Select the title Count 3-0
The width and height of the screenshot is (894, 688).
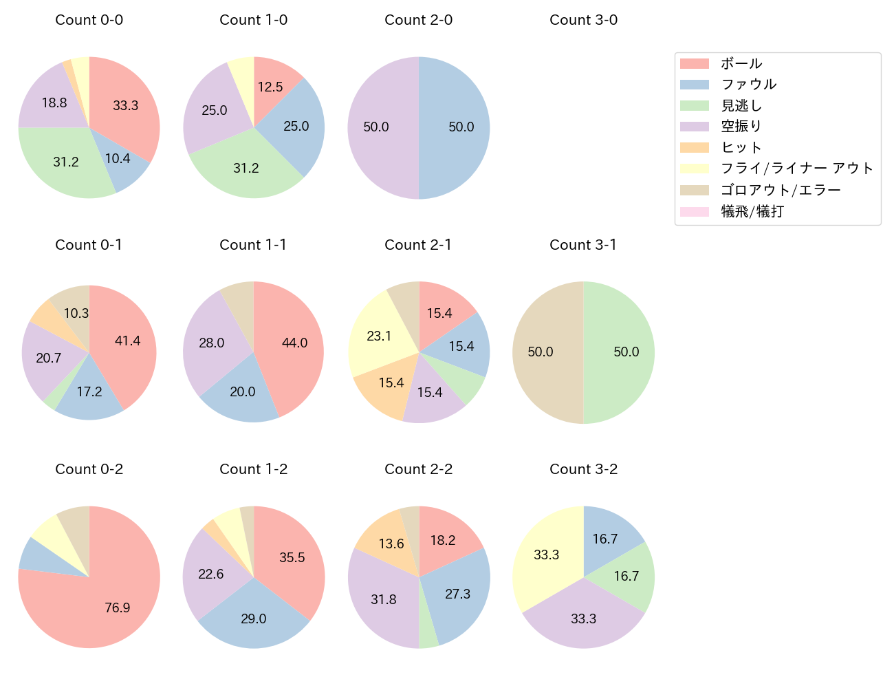coord(583,20)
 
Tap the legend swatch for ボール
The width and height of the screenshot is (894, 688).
coord(694,64)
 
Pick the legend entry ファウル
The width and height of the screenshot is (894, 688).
coord(748,85)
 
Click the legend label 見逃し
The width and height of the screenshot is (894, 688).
coord(741,106)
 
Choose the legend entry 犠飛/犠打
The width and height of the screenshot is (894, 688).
coord(752,211)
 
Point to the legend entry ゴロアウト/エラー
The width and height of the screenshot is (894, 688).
coord(781,190)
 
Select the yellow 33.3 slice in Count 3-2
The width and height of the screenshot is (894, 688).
coord(547,554)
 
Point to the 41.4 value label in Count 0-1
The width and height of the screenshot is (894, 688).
coord(128,341)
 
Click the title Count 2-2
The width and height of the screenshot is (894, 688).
coord(418,469)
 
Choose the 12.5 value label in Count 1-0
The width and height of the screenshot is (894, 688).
coord(270,87)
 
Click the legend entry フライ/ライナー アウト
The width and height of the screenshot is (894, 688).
coord(796,169)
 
